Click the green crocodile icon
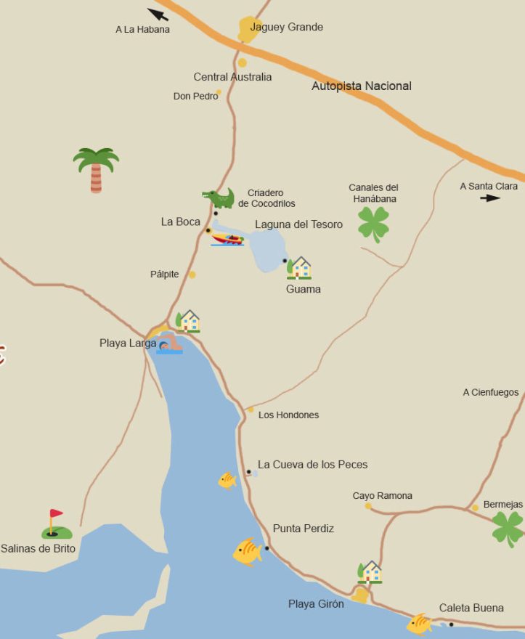pyautogui.click(x=219, y=198)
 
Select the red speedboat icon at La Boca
pyautogui.click(x=227, y=239)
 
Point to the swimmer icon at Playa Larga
pyautogui.click(x=169, y=345)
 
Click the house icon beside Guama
pyautogui.click(x=298, y=268)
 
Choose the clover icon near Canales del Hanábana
pyautogui.click(x=373, y=224)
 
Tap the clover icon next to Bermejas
pyautogui.click(x=508, y=529)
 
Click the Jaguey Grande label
pyautogui.click(x=286, y=27)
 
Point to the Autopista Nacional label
pyautogui.click(x=361, y=86)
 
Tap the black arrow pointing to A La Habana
pyautogui.click(x=158, y=14)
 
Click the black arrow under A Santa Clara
pyautogui.click(x=490, y=198)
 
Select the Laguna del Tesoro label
pyautogui.click(x=298, y=224)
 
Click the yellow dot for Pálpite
pyautogui.click(x=192, y=274)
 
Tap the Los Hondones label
pyautogui.click(x=288, y=415)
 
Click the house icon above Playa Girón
pyautogui.click(x=370, y=572)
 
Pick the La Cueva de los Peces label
pyautogui.click(x=312, y=465)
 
